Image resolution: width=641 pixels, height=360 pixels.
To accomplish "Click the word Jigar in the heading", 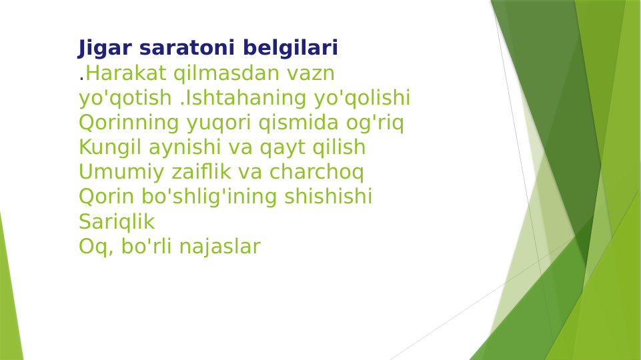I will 98,49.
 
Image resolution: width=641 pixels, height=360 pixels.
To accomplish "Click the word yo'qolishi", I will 362,98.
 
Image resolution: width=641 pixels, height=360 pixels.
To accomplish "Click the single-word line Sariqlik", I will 116,221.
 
